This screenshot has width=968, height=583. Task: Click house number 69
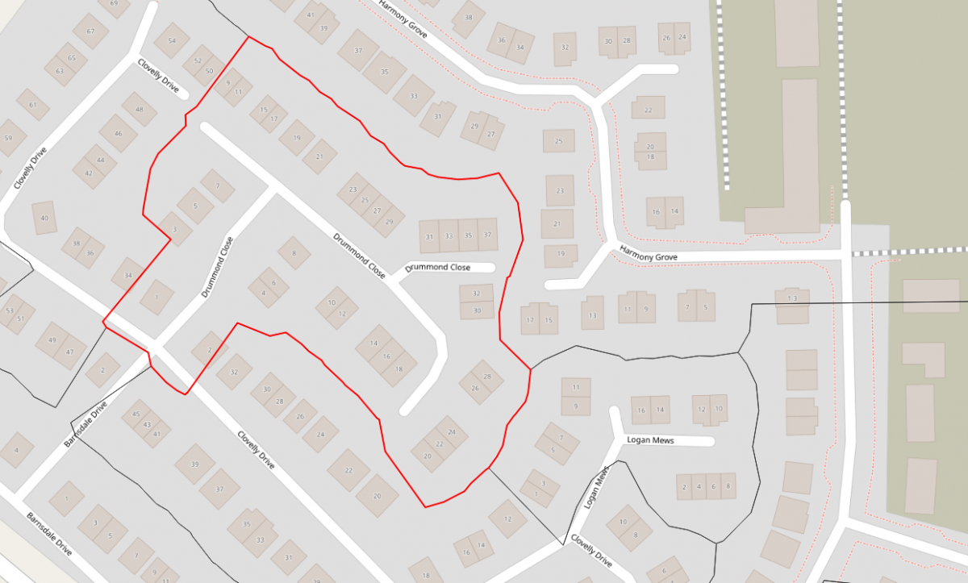click(x=113, y=4)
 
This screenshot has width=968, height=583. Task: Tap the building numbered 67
click(x=90, y=31)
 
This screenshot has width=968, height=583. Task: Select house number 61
click(x=33, y=105)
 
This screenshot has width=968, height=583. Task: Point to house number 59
click(x=9, y=138)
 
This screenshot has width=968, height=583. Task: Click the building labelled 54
click(x=172, y=41)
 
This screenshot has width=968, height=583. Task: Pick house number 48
click(x=140, y=110)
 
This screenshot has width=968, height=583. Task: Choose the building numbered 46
click(x=119, y=134)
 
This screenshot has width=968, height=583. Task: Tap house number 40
click(x=44, y=219)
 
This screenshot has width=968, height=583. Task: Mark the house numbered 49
click(x=52, y=340)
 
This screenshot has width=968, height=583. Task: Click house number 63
click(x=60, y=71)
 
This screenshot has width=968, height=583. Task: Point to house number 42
click(x=89, y=173)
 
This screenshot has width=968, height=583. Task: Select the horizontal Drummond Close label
click(x=438, y=267)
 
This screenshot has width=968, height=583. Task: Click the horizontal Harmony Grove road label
click(x=648, y=257)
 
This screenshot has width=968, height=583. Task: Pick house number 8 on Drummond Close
click(x=294, y=253)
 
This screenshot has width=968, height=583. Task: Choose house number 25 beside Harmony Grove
click(x=558, y=141)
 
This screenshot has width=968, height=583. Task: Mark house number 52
click(x=198, y=61)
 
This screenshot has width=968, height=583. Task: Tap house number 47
click(x=70, y=352)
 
